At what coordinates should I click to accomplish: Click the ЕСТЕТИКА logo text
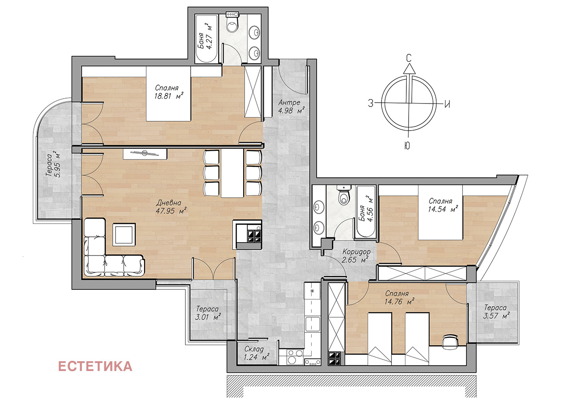click(x=95, y=366)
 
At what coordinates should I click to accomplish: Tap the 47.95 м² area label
click(x=172, y=211)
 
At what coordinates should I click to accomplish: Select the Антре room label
click(x=289, y=103)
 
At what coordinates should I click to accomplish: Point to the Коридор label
click(x=356, y=251)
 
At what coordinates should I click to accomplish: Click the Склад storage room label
click(x=254, y=349)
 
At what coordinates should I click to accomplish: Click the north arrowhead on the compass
click(x=409, y=69)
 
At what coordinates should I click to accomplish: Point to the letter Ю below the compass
click(x=407, y=146)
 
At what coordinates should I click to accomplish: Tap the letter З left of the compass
click(x=370, y=104)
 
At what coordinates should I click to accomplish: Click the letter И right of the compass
click(x=447, y=104)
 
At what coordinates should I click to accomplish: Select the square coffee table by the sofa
click(x=124, y=234)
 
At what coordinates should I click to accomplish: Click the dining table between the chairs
click(x=232, y=173)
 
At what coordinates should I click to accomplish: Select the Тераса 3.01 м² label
click(x=208, y=313)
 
